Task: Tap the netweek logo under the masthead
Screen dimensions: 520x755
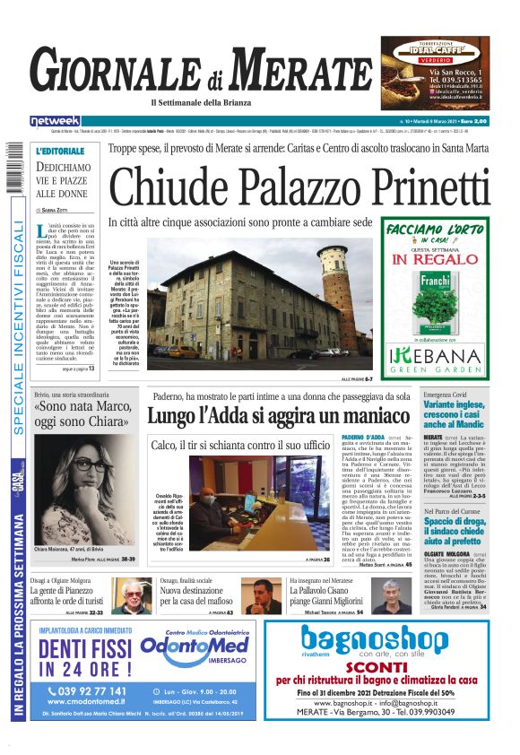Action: point(56,120)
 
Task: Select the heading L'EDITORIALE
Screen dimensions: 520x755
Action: point(61,151)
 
